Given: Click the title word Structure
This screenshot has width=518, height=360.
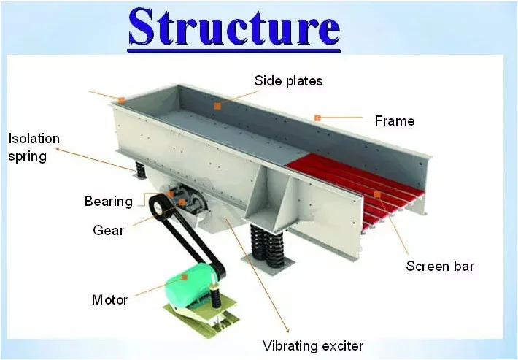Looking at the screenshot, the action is [x=234, y=28].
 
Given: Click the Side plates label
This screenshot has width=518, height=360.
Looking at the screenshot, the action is [x=288, y=80].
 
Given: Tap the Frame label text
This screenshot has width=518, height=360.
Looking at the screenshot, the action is [x=394, y=120].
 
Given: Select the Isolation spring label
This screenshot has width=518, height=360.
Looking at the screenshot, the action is [x=34, y=147].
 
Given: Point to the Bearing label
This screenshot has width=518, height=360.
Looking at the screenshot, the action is [x=109, y=202].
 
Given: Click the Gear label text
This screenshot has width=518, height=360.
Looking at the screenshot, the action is [x=109, y=231].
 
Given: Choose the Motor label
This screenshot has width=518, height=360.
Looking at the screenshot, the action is [x=109, y=299].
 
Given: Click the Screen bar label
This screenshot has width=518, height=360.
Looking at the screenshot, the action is [x=440, y=267].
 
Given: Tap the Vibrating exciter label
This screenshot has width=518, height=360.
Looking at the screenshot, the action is [x=312, y=345].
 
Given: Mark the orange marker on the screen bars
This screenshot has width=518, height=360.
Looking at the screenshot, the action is [x=377, y=194].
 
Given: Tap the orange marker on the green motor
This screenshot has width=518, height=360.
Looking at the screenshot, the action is [x=185, y=277].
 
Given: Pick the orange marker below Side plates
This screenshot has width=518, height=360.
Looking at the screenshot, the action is [x=217, y=107].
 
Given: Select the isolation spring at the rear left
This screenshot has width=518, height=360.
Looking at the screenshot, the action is [x=139, y=169].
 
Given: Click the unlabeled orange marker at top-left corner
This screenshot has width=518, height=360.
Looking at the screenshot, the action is [x=122, y=99].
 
